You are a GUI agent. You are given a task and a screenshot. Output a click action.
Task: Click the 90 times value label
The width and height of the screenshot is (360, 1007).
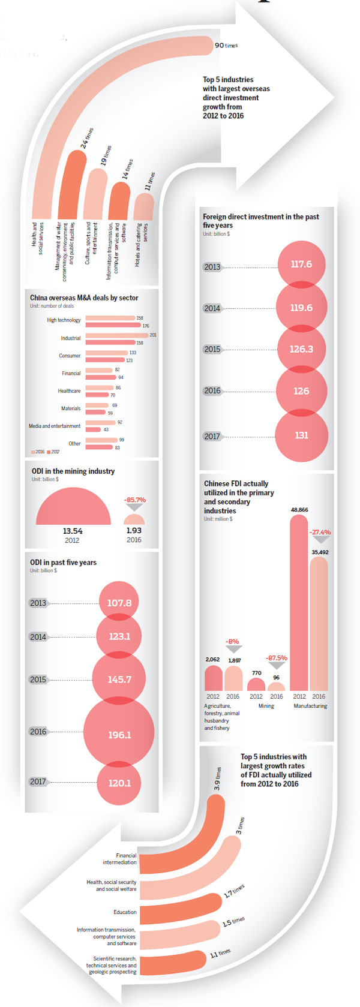pyautogui.click(x=226, y=46)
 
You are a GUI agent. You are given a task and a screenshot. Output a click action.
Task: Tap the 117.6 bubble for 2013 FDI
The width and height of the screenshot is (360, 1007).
pyautogui.click(x=301, y=264)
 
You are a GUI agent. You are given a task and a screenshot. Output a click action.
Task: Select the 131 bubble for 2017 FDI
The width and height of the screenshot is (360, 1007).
pyautogui.click(x=301, y=435)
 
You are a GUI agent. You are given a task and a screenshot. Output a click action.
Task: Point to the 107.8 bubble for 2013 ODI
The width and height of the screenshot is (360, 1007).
pyautogui.click(x=119, y=602)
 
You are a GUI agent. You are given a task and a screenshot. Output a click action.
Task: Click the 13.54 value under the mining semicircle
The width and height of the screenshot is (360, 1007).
pyautogui.click(x=73, y=531)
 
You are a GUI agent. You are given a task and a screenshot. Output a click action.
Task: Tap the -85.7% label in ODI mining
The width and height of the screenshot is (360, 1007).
pyautogui.click(x=134, y=500)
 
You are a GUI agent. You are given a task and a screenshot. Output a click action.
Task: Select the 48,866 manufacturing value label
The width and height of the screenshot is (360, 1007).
pyautogui.click(x=299, y=510)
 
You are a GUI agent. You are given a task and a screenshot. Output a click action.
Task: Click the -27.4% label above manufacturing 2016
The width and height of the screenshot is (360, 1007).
pyautogui.click(x=320, y=532)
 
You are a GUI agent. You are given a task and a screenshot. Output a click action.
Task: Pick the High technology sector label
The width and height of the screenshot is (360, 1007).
pyautogui.click(x=64, y=320)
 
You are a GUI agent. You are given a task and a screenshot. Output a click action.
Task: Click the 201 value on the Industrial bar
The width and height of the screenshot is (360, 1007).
pyautogui.click(x=153, y=335)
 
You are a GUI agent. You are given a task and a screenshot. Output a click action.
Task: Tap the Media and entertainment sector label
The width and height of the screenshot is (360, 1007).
pyautogui.click(x=55, y=426)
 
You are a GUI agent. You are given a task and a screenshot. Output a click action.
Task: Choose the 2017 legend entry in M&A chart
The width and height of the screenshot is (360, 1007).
pyautogui.click(x=53, y=452)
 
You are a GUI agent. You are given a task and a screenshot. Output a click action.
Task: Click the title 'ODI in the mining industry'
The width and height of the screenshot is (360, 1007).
pyautogui.click(x=73, y=471)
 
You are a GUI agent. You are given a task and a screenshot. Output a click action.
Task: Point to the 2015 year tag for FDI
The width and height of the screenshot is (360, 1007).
pyautogui.click(x=212, y=349)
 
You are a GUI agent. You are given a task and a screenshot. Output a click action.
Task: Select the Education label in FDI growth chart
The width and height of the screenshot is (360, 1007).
pyautogui.click(x=125, y=912)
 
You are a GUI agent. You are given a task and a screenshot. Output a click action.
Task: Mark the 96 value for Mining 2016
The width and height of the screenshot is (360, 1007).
pyautogui.click(x=276, y=678)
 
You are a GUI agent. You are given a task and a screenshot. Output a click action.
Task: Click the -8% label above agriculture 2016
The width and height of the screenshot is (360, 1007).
pyautogui.click(x=232, y=641)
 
